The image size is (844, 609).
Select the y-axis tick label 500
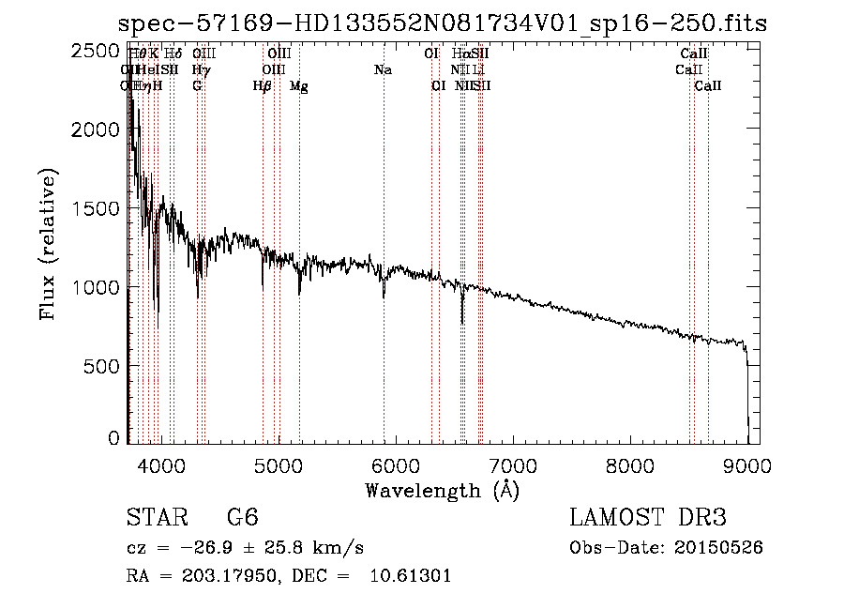pyautogui.click(x=103, y=366)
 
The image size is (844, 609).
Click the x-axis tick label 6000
pyautogui.click(x=395, y=463)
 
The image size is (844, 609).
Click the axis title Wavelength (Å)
pyautogui.click(x=442, y=490)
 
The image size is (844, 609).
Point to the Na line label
pyautogui.click(x=383, y=70)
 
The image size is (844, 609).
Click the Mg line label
pyautogui.click(x=299, y=86)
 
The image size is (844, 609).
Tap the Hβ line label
pyautogui.click(x=263, y=86)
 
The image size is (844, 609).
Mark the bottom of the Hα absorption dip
pyautogui.click(x=462, y=323)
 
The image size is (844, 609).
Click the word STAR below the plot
pyautogui.click(x=154, y=518)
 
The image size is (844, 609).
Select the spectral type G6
pyautogui.click(x=242, y=518)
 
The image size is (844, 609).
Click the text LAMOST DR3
pyautogui.click(x=647, y=518)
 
